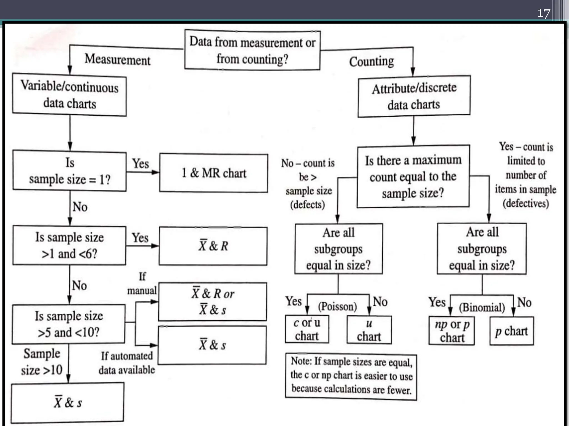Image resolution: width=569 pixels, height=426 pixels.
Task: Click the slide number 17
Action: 544,13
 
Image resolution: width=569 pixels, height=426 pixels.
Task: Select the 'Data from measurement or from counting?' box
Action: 252,50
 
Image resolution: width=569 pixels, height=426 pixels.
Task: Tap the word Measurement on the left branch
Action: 117,60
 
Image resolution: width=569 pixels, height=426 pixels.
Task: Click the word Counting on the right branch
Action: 371,62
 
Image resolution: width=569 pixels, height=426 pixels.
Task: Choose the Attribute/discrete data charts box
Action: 414,96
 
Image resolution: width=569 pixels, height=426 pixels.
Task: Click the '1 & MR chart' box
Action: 213,173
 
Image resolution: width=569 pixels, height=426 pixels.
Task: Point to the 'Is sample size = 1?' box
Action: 69,171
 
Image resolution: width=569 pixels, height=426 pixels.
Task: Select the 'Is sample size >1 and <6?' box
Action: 69,246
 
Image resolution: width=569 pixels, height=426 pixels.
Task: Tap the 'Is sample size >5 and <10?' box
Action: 69,324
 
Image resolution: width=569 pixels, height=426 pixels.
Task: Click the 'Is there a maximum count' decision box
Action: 413,176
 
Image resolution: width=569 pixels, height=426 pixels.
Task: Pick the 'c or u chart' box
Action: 307,329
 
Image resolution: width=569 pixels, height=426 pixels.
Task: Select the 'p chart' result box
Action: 511,331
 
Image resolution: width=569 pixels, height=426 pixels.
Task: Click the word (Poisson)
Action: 337,306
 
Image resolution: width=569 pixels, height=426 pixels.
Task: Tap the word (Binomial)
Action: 482,307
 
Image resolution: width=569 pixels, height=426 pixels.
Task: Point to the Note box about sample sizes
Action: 351,377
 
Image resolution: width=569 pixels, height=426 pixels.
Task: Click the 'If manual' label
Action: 142,284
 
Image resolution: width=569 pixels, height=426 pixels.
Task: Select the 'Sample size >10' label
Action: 42,362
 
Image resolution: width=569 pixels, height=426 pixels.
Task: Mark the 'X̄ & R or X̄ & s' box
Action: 213,302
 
